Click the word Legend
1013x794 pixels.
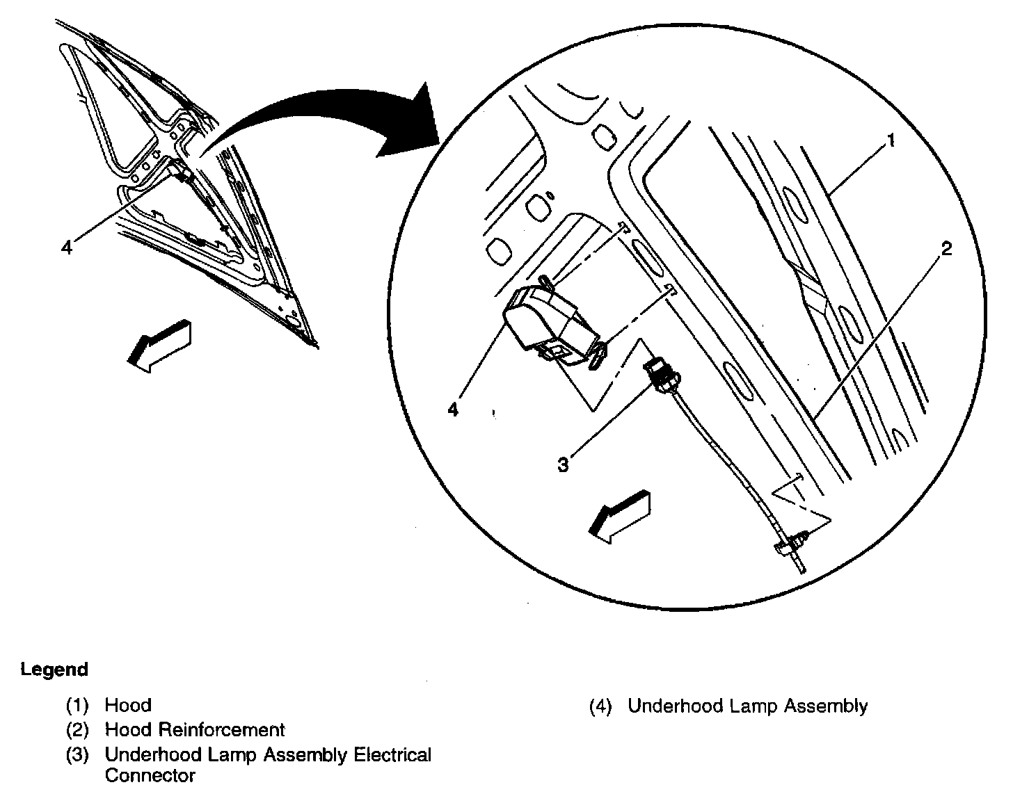[54, 670]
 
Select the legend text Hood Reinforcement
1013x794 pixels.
[195, 730]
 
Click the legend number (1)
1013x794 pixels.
[78, 706]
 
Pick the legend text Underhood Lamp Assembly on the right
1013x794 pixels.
[748, 706]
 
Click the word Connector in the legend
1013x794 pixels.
[150, 775]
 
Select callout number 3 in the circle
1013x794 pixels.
[563, 464]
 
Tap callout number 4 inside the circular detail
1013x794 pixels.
[453, 410]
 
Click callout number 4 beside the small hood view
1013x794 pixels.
[67, 247]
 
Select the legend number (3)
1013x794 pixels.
[78, 755]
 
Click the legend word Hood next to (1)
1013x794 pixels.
[128, 706]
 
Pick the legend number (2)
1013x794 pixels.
[78, 730]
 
